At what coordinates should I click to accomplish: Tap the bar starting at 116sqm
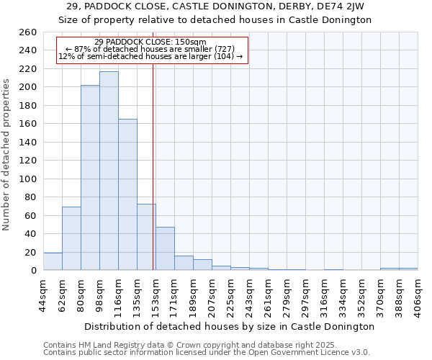[127, 194]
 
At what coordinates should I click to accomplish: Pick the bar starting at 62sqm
[71, 238]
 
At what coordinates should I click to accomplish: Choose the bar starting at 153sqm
[165, 248]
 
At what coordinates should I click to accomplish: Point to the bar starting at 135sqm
[146, 237]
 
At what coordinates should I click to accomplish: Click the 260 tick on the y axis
[29, 32]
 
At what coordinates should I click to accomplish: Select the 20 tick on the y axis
[31, 252]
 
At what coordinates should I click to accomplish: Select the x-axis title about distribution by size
[229, 326]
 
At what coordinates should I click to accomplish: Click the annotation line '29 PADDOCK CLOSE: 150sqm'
[150, 42]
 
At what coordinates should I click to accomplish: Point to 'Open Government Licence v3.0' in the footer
[309, 352]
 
